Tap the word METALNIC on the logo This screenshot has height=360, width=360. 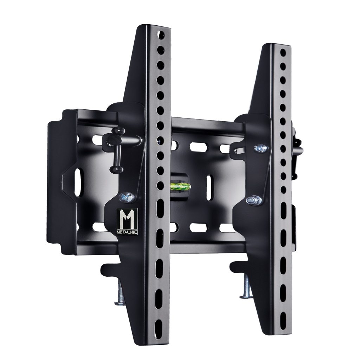point(127,232)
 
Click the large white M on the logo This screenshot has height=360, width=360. point(127,219)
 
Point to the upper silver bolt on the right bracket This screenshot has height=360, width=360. point(261,148)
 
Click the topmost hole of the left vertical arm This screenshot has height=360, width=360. point(161,35)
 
